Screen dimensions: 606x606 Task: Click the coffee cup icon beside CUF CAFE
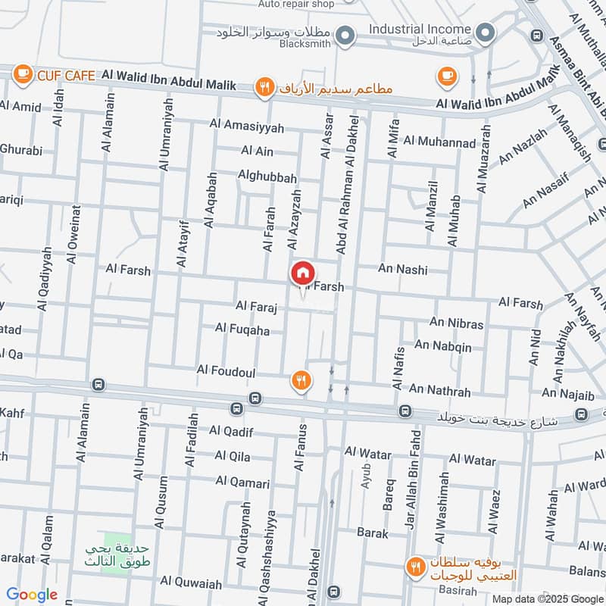23,73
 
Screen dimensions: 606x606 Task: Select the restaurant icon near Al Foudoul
301,380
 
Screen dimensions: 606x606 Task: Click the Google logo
32,595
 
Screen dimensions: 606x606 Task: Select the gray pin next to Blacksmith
345,35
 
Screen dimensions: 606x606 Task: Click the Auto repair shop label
296,4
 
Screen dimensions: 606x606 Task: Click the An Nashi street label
402,270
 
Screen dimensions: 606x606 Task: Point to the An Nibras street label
456,324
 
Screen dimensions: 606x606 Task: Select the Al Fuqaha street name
242,329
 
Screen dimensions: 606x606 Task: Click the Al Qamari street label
242,482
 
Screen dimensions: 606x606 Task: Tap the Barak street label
372,533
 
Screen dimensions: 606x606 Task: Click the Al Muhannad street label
439,141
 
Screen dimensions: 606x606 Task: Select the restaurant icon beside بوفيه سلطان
415,565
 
